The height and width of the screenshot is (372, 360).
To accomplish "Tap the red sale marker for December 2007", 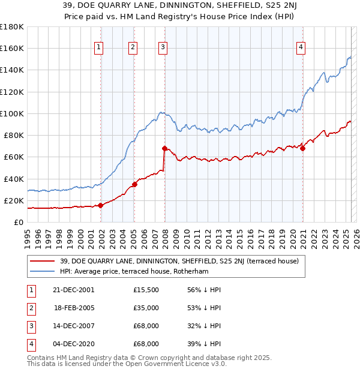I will pos(164,148).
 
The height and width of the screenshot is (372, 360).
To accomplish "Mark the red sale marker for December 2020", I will pos(302,148).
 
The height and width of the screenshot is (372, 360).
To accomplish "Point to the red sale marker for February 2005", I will pos(134,184).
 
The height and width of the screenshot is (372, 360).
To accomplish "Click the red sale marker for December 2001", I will pos(101,205).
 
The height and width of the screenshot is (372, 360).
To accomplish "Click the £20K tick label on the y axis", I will pos(14,200).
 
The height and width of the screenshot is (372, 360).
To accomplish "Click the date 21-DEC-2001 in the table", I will pos(74,290).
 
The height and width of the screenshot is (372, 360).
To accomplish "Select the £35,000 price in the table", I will pos(146,308).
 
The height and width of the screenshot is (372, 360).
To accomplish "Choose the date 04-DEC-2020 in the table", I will pos(74,344).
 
